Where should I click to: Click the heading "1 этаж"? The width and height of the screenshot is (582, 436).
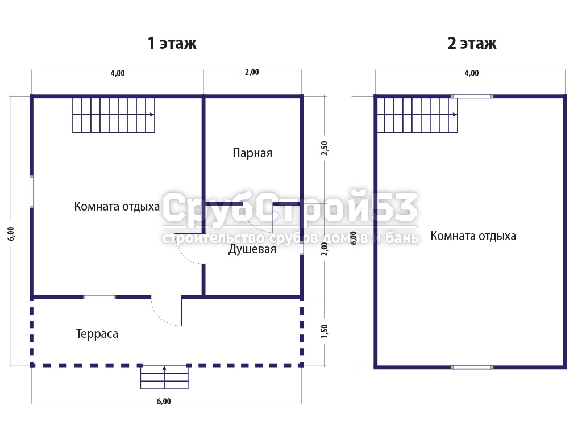172,43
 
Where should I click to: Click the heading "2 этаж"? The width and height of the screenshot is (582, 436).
472,43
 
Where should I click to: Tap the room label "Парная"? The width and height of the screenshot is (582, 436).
252,153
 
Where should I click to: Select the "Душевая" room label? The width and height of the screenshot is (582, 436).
252,249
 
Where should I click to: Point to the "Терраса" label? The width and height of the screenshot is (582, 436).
97,334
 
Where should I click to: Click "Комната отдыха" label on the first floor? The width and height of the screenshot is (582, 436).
117,207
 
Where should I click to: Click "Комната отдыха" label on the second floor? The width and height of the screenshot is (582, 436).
473,236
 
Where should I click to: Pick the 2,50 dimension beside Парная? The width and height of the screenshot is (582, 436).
325,148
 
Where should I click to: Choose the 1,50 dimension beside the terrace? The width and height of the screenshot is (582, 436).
325,331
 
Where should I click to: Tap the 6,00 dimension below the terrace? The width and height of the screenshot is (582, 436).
164,401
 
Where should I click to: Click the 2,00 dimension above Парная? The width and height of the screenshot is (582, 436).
252,72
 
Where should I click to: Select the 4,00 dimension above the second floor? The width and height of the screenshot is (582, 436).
472,73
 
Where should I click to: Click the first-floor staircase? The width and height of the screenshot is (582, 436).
114,115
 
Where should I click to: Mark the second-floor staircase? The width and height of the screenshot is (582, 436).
417,115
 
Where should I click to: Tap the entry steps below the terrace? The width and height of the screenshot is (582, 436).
164,378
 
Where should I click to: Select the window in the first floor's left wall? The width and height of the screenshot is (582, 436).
32,192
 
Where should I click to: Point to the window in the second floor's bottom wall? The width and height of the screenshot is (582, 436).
472,367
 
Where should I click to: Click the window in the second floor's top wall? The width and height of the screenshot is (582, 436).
472,97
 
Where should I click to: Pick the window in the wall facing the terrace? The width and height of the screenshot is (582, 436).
99,297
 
